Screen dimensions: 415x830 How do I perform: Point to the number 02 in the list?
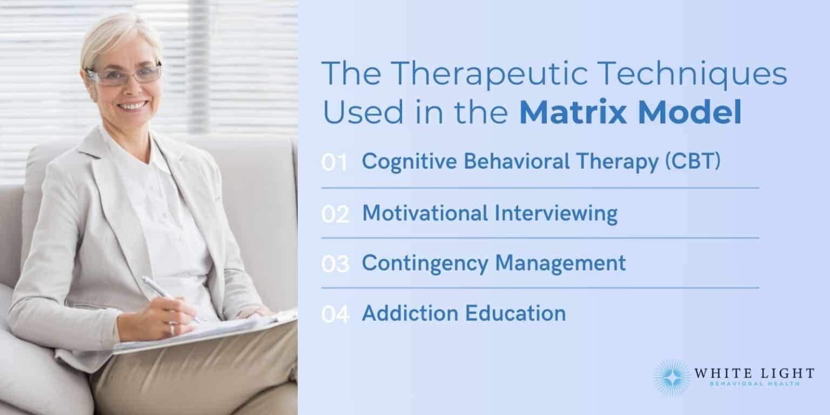(336, 215)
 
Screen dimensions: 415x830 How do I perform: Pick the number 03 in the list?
(336, 264)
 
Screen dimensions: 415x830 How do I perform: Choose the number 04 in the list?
(336, 314)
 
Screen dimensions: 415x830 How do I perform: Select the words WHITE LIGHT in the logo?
(754, 373)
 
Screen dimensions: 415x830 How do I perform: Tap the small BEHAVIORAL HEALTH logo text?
(754, 384)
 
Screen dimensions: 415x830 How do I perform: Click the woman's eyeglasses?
(124, 75)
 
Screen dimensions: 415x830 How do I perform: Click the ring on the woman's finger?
(172, 328)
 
